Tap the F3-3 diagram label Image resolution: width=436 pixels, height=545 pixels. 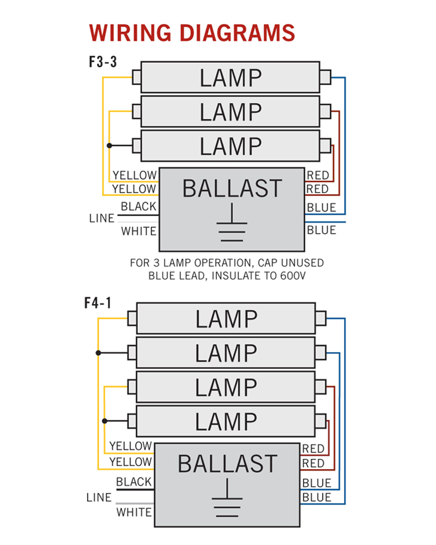point(103,62)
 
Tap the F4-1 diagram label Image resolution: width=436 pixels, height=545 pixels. point(98,303)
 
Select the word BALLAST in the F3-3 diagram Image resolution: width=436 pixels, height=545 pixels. point(232,189)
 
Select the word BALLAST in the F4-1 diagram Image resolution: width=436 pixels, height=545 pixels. point(227,464)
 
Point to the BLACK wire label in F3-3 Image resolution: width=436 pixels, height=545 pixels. point(138,207)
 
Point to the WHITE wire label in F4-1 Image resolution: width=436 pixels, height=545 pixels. point(134,512)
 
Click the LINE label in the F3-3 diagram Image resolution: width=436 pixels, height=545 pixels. point(102,219)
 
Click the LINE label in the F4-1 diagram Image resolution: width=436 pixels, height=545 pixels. point(99,498)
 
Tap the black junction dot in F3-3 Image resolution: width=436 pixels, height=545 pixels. point(110,146)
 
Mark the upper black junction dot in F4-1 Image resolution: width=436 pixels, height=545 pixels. point(98,353)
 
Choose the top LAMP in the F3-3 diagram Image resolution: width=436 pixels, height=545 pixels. point(230,78)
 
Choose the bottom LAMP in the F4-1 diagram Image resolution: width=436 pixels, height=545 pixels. point(226,421)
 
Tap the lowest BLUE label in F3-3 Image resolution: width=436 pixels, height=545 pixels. point(322,230)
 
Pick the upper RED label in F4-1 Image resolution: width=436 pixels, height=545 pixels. point(313,449)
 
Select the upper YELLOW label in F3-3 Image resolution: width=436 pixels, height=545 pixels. point(134,175)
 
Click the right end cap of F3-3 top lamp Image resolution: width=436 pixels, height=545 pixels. point(325,77)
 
